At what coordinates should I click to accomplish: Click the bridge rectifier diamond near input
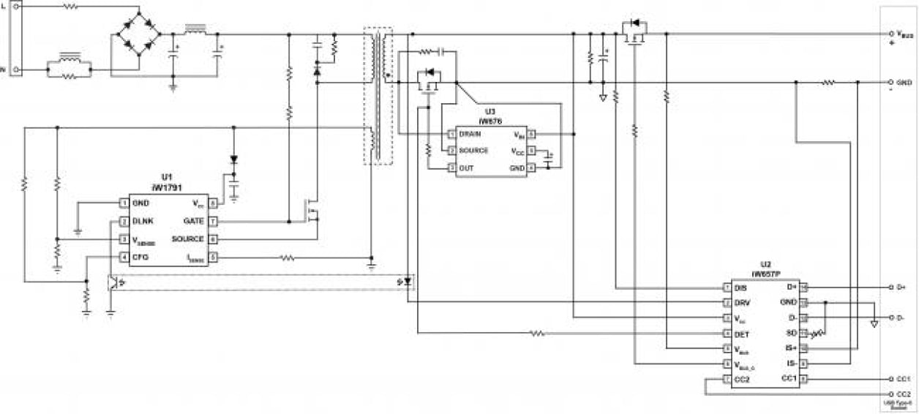139,34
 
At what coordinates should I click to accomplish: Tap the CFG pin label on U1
141,257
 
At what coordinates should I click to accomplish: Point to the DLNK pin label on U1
143,221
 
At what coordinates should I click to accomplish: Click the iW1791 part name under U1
166,187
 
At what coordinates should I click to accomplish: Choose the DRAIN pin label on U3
470,134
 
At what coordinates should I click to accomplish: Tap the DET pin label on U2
740,334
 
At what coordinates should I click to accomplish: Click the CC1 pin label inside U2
788,379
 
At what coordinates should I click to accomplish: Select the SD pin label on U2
791,334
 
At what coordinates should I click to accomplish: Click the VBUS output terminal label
905,34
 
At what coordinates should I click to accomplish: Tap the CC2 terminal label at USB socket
903,394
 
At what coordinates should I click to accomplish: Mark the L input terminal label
4,4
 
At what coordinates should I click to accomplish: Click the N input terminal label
4,70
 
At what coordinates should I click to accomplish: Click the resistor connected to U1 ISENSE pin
288,257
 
